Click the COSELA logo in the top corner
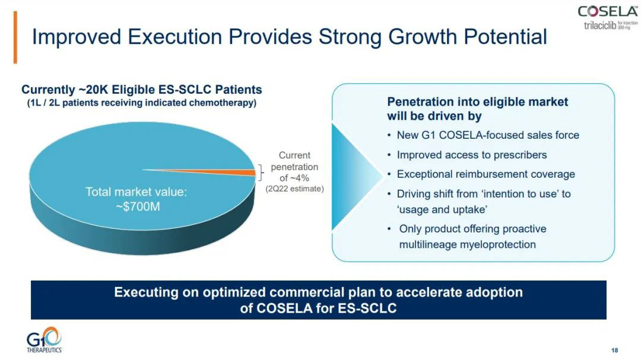pyautogui.click(x=608, y=11)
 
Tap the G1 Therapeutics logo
pyautogui.click(x=44, y=341)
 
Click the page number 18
pyautogui.click(x=614, y=349)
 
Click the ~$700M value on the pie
pyautogui.click(x=137, y=206)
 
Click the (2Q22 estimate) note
pyautogui.click(x=294, y=189)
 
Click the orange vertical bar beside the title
pyautogui.click(x=15, y=37)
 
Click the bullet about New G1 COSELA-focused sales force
pyautogui.click(x=487, y=135)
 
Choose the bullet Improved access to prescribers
pyautogui.click(x=471, y=155)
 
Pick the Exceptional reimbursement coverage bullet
pyautogui.click(x=485, y=174)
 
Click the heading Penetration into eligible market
pyautogui.click(x=477, y=102)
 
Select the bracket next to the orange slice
pyautogui.click(x=259, y=173)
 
